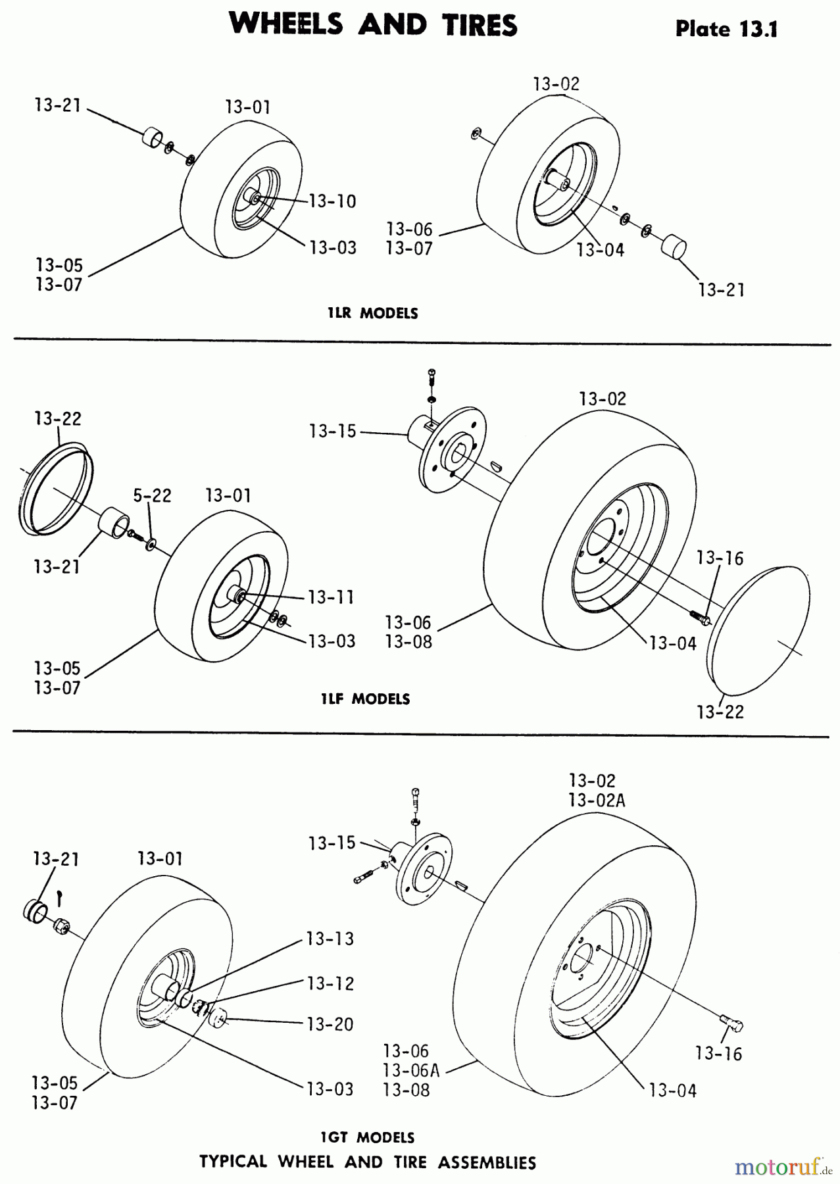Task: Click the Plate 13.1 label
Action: point(726,29)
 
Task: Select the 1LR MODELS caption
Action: point(372,314)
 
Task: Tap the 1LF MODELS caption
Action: point(365,699)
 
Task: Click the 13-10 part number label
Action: point(332,201)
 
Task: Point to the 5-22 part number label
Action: point(152,495)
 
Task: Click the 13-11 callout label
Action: point(331,597)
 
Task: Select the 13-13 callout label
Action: point(330,939)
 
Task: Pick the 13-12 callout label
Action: point(330,983)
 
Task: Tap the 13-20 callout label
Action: point(330,1024)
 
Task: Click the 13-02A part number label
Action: point(597,801)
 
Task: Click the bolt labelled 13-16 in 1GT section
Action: point(731,1024)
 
